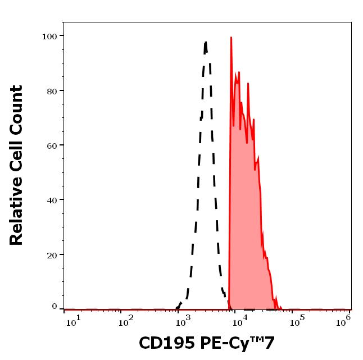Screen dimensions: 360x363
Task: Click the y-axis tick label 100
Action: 49,36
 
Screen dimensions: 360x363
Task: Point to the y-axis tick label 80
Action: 52,90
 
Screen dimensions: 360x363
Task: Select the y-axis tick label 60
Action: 52,145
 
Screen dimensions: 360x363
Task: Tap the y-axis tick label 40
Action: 52,200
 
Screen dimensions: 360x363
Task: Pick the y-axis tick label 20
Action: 52,254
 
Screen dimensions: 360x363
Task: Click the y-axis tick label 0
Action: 55,307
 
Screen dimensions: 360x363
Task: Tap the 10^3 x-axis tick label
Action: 184,322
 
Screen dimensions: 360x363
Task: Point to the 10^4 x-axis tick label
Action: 240,322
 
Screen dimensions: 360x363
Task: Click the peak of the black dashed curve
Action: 206,42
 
